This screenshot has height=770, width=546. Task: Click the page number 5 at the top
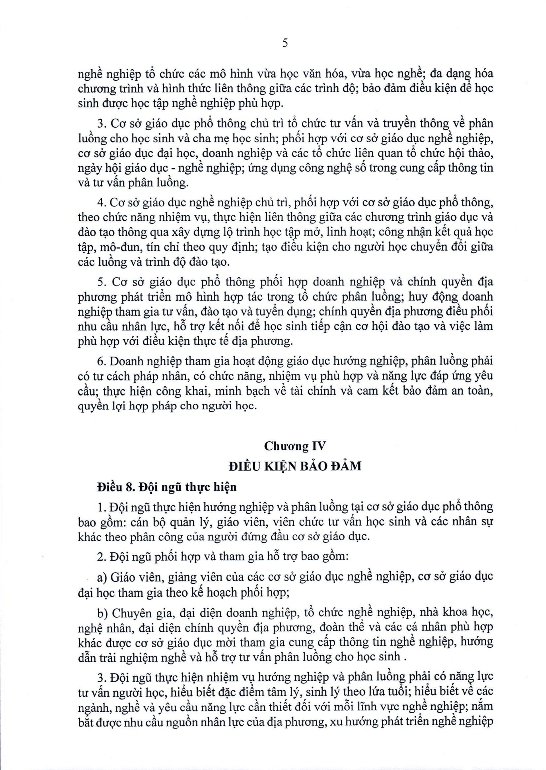[285, 44]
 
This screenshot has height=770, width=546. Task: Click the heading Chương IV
[295, 446]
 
